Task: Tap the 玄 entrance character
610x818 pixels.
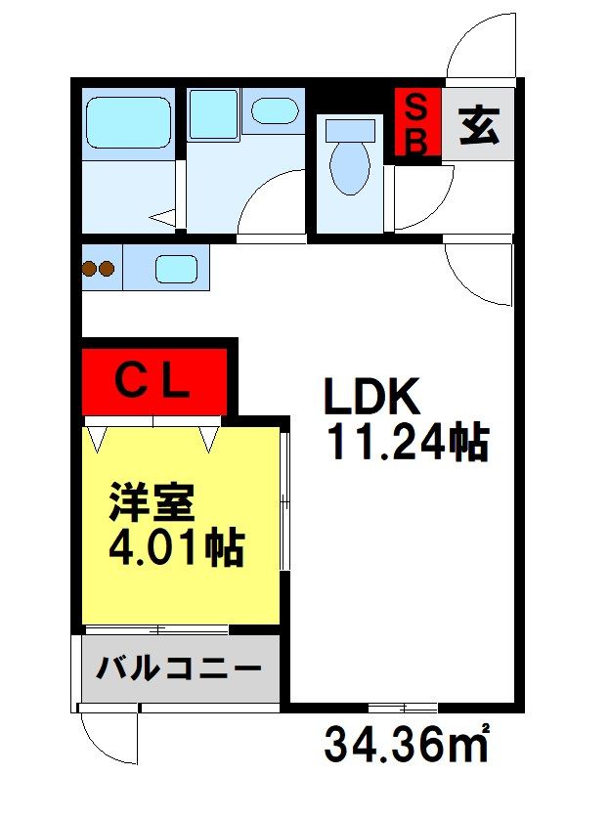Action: (x=479, y=125)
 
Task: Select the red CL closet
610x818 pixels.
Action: (x=154, y=382)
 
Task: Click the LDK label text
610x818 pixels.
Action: (x=371, y=396)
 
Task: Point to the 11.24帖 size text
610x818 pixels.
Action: (x=408, y=442)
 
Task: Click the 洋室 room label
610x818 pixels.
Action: (x=152, y=502)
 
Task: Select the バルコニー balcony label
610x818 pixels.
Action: (x=179, y=667)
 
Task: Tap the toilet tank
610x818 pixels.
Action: (x=350, y=130)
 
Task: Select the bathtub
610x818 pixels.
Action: (x=128, y=122)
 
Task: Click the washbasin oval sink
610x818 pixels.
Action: (x=275, y=111)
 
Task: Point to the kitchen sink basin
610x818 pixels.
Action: (x=176, y=269)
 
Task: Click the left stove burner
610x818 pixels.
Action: (x=89, y=269)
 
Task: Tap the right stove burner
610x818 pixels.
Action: (x=107, y=269)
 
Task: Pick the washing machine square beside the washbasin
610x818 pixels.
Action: (x=214, y=114)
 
